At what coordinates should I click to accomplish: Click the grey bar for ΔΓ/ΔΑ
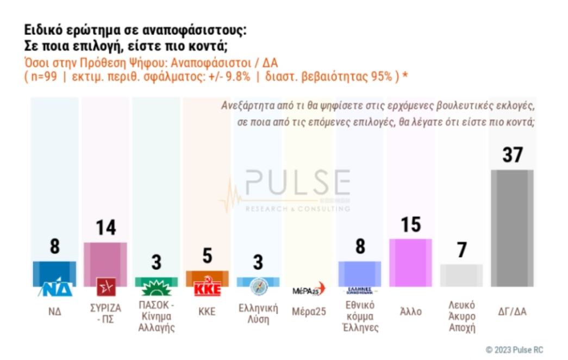coord(512,228)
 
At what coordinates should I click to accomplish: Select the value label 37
coord(512,155)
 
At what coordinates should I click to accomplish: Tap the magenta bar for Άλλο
coord(410,263)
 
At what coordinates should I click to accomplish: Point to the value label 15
coord(410,224)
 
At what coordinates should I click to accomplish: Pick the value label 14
coord(105,228)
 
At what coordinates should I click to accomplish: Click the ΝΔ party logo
coord(54,287)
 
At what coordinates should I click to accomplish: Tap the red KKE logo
coord(208,288)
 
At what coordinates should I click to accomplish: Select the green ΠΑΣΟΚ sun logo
coord(157,287)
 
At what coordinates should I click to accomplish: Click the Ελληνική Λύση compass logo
coord(258,286)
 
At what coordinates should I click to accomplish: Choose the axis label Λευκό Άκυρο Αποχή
coord(461,316)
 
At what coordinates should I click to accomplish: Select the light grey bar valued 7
coord(461,275)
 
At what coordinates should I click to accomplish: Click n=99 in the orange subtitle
coord(44,77)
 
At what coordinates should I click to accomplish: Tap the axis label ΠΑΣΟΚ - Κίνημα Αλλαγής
coord(157,317)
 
